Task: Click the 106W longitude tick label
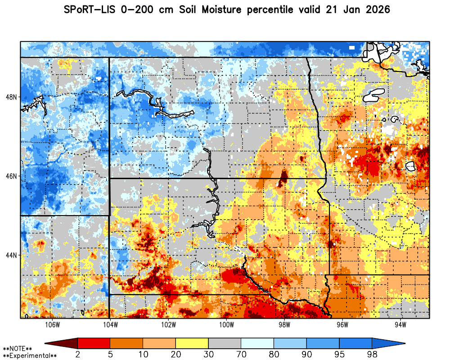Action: [x=53, y=325]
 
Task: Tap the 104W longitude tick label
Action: [x=110, y=325]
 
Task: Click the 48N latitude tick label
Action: [x=11, y=97]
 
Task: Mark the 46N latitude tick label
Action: [x=11, y=176]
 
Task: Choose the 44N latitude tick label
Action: [x=11, y=255]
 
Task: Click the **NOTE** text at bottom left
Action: [x=18, y=349]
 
